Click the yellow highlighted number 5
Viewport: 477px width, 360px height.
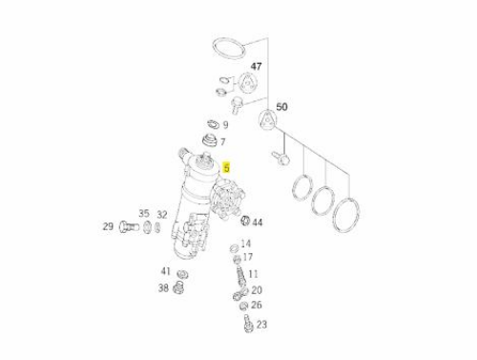point(226,167)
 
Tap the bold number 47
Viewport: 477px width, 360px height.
point(257,66)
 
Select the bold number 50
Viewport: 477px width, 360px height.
point(281,107)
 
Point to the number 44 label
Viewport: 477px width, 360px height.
point(258,222)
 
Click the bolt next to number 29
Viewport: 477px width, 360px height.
point(129,227)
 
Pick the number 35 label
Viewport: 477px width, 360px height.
point(144,213)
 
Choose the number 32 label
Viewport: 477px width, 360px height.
point(162,215)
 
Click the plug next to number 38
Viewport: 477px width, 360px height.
point(178,288)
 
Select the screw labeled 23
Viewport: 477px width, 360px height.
point(247,323)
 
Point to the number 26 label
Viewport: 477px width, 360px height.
point(257,305)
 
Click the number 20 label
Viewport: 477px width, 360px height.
point(257,290)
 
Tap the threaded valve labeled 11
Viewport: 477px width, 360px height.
point(241,274)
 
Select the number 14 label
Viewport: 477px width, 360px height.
point(246,244)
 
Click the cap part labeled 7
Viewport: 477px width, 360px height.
point(210,140)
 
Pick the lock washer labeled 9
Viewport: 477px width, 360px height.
point(213,124)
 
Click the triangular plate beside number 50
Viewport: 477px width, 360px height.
point(267,120)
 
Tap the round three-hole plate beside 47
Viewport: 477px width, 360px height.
point(247,83)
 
